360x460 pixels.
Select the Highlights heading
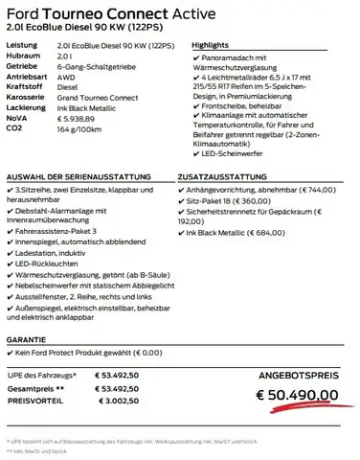[212, 45]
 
